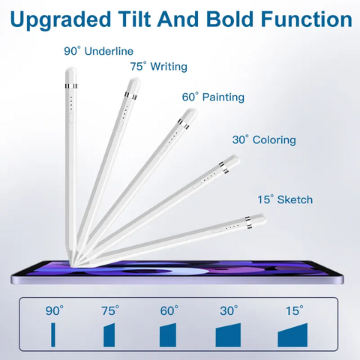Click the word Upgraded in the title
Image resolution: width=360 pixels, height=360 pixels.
[61, 20]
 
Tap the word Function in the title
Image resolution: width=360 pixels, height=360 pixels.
[307, 19]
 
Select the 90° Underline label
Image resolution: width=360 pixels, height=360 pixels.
[99, 51]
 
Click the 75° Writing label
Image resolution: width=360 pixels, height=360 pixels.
[159, 67]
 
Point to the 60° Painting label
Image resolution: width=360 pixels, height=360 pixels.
[213, 97]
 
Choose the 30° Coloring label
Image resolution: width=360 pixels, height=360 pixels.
[264, 140]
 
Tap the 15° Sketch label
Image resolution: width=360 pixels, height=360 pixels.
[285, 199]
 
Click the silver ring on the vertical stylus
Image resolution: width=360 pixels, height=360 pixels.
[71, 86]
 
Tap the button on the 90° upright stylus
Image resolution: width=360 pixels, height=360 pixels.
[71, 118]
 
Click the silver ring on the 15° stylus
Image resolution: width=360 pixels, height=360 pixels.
[248, 223]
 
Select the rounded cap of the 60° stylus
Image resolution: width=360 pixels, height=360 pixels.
[190, 114]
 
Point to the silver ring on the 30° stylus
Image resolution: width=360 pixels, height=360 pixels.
[223, 167]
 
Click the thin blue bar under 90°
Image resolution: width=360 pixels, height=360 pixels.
[53, 335]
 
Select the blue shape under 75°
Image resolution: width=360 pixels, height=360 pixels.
[109, 335]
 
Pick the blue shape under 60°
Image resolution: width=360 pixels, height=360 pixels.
[168, 335]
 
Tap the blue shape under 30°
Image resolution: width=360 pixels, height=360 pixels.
[228, 335]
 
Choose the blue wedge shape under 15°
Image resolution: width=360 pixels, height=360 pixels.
[292, 336]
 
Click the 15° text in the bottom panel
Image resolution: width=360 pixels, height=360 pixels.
[295, 310]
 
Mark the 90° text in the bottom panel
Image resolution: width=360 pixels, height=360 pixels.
[55, 310]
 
